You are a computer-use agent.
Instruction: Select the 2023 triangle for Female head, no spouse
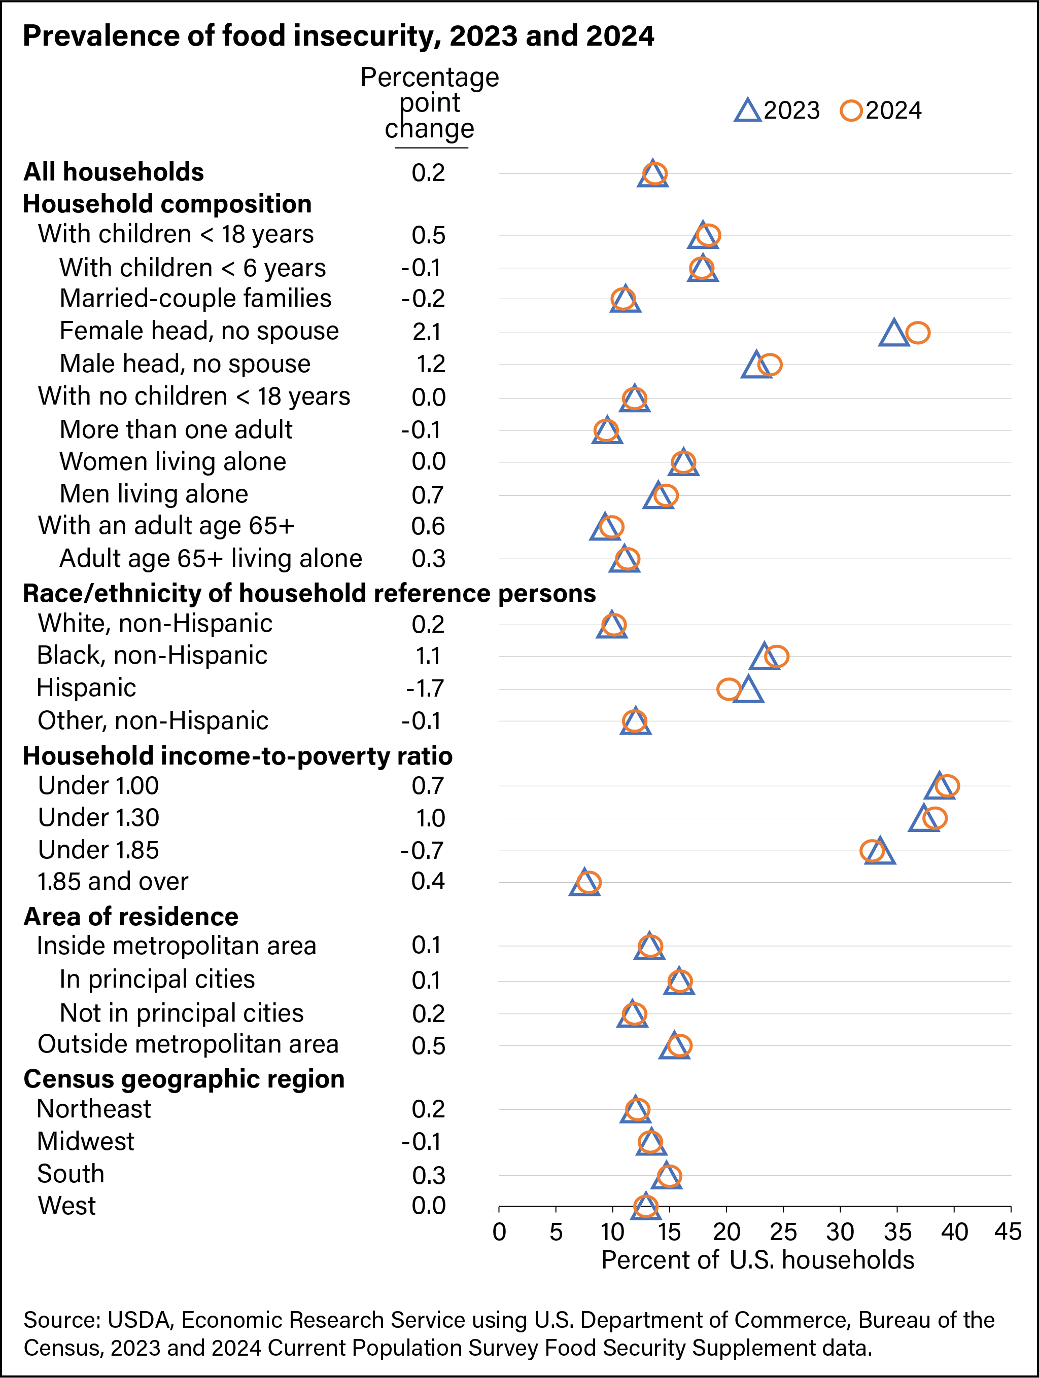(894, 333)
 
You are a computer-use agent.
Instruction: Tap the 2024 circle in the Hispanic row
(728, 689)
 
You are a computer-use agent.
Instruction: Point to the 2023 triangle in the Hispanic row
(748, 690)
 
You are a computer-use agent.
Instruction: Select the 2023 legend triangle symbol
(747, 111)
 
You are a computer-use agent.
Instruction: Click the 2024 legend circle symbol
(851, 111)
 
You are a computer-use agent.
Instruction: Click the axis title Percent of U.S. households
(757, 1260)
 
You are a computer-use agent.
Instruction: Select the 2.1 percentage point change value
(427, 332)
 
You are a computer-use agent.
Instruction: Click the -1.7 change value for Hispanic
(425, 688)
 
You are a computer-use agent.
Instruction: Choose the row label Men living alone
(153, 493)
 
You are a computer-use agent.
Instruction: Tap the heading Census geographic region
(184, 1078)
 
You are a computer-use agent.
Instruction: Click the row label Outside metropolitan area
(188, 1043)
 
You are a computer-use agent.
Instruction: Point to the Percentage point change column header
(429, 103)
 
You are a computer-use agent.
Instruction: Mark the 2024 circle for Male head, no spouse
(770, 365)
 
